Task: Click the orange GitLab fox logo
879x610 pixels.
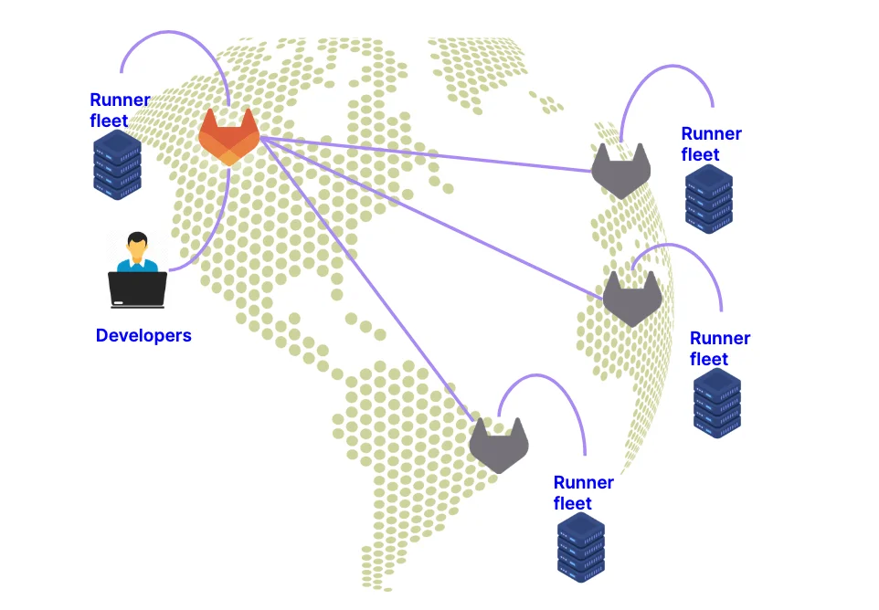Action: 228,138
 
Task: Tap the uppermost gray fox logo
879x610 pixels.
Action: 620,172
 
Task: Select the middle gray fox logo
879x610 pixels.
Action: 631,299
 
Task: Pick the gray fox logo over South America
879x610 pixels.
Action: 500,445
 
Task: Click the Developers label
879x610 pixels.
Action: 143,335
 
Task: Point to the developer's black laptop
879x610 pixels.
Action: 137,289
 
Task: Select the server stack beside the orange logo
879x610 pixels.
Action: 117,164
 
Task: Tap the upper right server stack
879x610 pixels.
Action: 709,199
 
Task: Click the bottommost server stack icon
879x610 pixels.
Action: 581,546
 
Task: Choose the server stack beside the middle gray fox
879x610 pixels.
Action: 717,403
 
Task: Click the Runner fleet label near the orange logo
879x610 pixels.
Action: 119,110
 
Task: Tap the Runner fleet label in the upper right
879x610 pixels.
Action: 711,144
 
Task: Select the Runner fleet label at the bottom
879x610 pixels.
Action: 583,493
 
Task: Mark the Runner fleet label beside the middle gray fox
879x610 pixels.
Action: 719,349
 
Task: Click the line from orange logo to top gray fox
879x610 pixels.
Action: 429,154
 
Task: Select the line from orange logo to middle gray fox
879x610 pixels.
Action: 429,215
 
